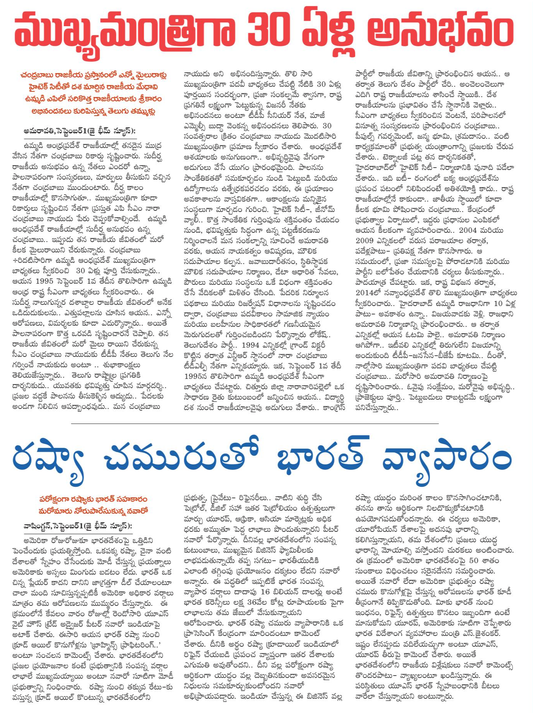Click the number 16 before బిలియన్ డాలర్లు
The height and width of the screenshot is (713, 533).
pyautogui.click(x=265, y=592)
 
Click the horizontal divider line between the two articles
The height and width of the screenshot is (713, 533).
pyautogui.click(x=254, y=424)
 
